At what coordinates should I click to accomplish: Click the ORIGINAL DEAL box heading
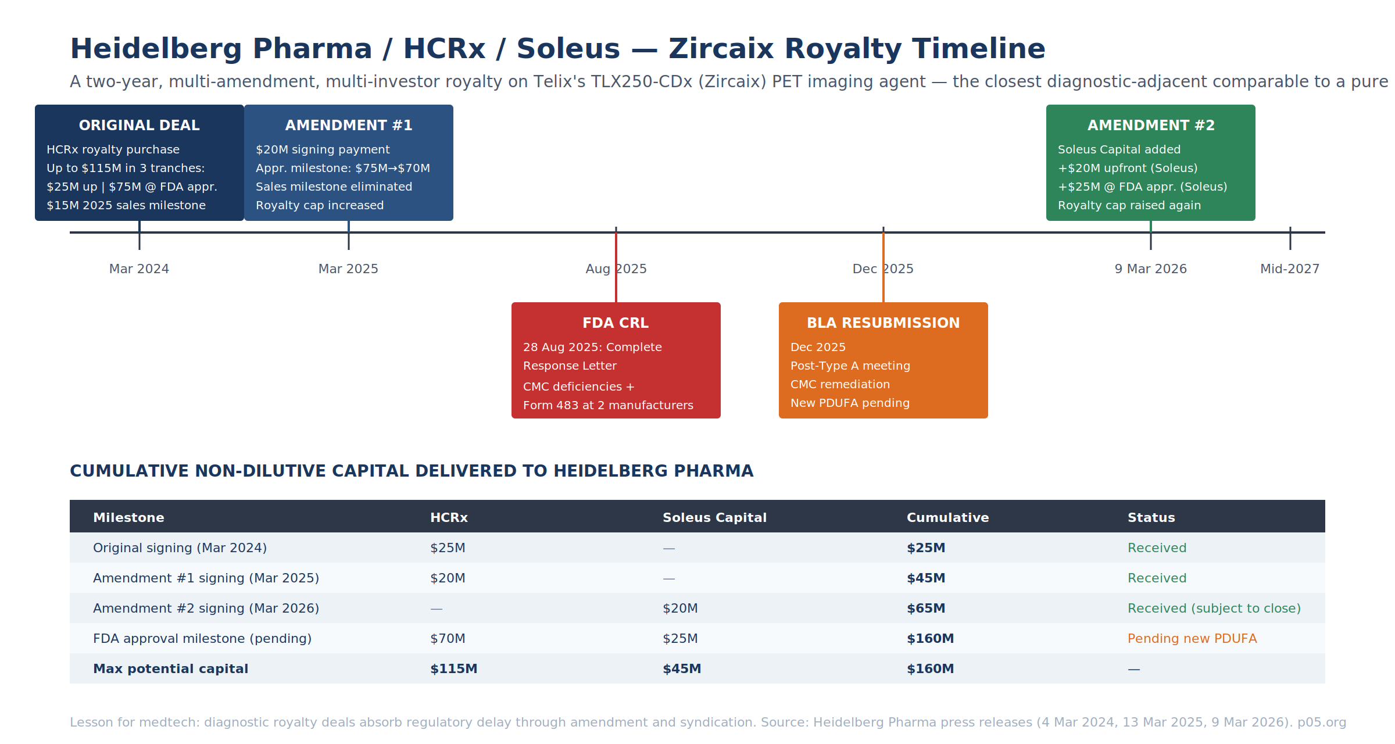[x=139, y=126]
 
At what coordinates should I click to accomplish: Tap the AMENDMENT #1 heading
[x=349, y=126]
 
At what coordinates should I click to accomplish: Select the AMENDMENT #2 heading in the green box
[x=1151, y=126]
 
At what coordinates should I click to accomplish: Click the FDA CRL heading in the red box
[x=616, y=323]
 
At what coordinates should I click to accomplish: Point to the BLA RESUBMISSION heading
[x=884, y=323]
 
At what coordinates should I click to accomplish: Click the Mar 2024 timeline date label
[x=139, y=269]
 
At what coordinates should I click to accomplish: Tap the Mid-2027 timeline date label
[x=1290, y=269]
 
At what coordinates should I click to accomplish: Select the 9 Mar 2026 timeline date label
[x=1151, y=269]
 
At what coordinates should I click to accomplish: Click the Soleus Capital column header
[x=714, y=517]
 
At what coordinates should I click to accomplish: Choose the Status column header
[x=1151, y=517]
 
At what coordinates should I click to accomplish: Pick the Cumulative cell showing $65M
[x=926, y=608]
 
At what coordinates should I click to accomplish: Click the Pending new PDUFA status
[x=1192, y=638]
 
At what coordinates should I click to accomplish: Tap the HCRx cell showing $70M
[x=448, y=638]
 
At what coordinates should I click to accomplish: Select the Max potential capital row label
[x=170, y=669]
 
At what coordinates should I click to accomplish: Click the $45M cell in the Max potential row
[x=682, y=668]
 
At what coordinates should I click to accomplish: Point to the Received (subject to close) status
[x=1214, y=608]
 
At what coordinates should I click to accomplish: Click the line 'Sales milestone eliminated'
[x=334, y=187]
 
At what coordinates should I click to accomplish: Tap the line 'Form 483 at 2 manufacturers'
[x=608, y=405]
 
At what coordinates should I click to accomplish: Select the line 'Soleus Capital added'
[x=1119, y=149]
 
